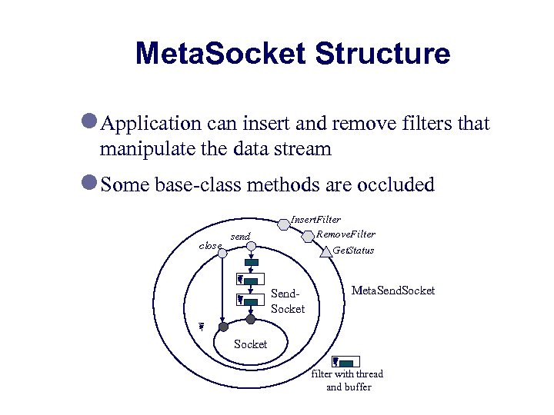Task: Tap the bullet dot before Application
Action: pos(90,121)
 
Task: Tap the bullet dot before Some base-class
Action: pos(90,183)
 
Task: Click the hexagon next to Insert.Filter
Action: pos(284,224)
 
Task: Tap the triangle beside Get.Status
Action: pos(326,251)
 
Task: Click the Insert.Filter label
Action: pos(315,220)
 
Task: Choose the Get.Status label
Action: pos(353,251)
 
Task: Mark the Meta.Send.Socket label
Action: pos(392,290)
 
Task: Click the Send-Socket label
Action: pos(288,300)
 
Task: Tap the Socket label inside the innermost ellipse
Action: pos(250,344)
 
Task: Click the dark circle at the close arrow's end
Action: pos(223,327)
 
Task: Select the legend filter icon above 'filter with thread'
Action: pos(343,362)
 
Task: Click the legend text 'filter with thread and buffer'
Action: pos(348,380)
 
